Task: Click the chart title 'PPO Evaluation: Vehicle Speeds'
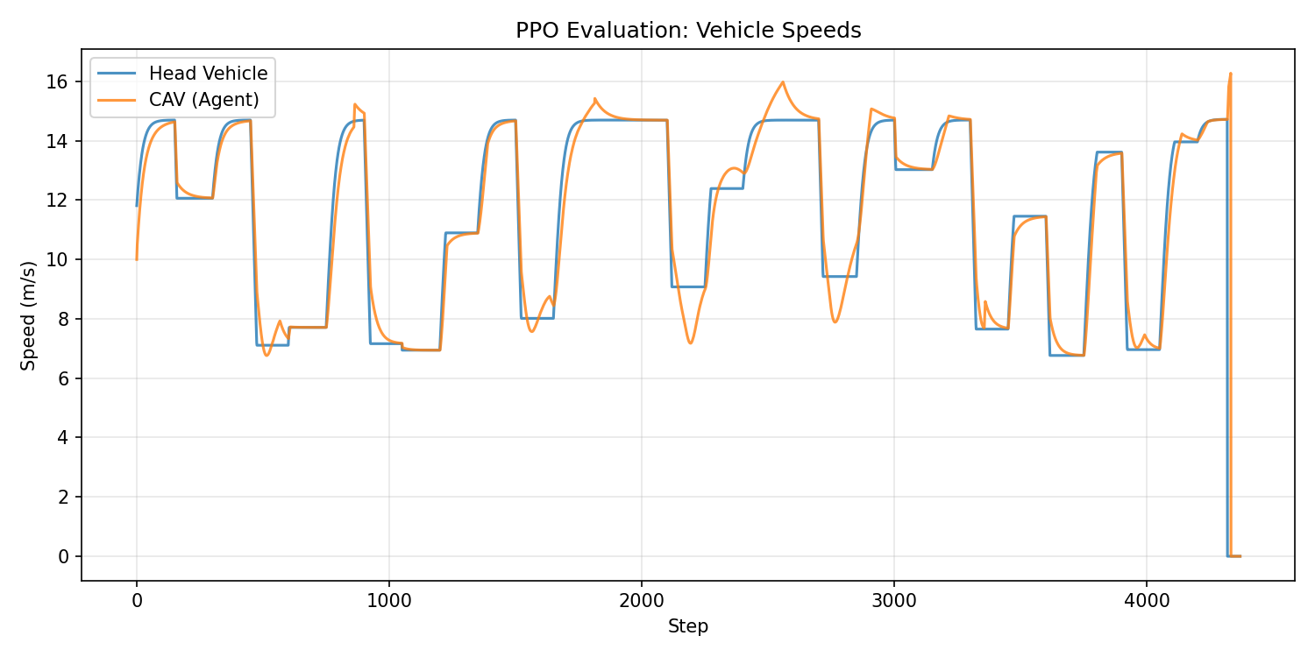[688, 31]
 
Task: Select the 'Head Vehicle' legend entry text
[208, 74]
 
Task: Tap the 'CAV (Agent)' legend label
[203, 100]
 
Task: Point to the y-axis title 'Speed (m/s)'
[29, 315]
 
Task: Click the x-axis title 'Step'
[688, 626]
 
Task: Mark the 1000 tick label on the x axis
[389, 601]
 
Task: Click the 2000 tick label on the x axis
[642, 601]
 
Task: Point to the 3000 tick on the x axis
[894, 601]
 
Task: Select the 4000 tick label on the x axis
[1147, 601]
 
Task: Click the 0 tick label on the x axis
[137, 601]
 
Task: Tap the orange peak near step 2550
[782, 82]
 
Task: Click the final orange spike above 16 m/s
[1231, 74]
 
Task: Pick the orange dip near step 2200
[691, 343]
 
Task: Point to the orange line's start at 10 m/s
[137, 259]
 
